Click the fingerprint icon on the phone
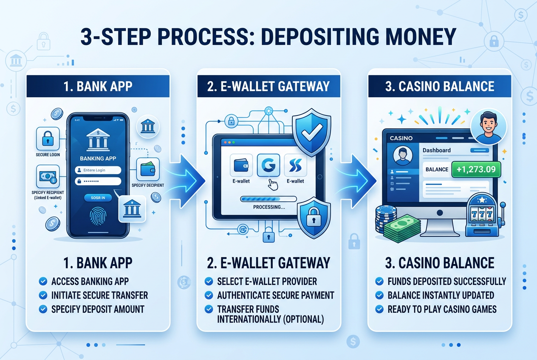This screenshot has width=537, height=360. (98, 217)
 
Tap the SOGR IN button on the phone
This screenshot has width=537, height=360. (98, 197)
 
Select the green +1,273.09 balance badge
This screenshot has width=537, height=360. (476, 169)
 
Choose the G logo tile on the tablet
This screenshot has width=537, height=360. (268, 165)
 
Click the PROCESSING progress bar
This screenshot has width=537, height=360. (268, 199)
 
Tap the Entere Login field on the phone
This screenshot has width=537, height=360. (98, 170)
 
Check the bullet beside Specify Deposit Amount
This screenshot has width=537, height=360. (42, 309)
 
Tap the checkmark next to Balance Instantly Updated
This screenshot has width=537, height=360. (379, 295)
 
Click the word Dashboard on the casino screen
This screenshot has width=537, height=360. (437, 150)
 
